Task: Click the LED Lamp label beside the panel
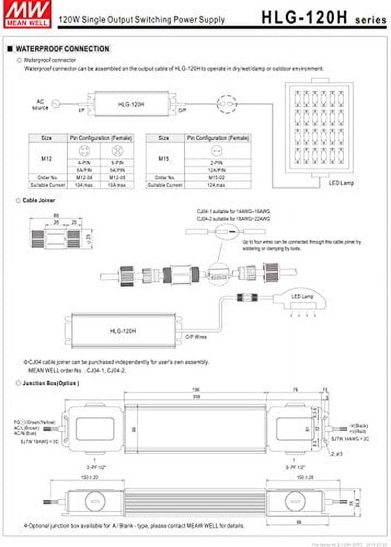(x=341, y=183)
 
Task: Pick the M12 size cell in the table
(x=47, y=159)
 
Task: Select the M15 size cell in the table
(x=163, y=159)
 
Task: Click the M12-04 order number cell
(x=83, y=177)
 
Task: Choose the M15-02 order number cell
(x=218, y=177)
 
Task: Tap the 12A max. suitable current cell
(x=218, y=185)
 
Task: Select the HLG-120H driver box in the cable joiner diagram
(x=123, y=330)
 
